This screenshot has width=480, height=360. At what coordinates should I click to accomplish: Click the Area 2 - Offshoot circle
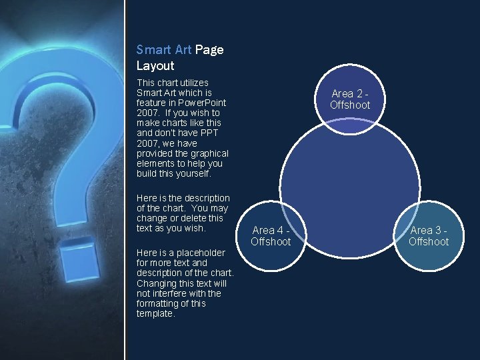350,99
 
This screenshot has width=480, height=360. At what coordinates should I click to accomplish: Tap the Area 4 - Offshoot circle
271,236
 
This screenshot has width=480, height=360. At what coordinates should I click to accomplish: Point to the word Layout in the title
155,65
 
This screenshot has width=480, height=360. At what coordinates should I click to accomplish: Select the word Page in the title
209,49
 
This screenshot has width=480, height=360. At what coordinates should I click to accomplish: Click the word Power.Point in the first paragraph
201,103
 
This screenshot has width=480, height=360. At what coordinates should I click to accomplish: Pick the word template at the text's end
155,313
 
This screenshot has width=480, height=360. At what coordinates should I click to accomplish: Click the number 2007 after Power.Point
147,113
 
